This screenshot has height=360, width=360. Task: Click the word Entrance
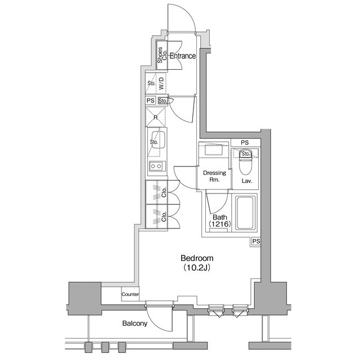pyautogui.click(x=182, y=56)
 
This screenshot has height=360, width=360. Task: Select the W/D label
pyautogui.click(x=161, y=84)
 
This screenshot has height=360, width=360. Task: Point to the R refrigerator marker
pyautogui.click(x=156, y=118)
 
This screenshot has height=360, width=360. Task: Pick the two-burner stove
pyautogui.click(x=155, y=166)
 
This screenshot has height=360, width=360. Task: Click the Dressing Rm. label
pyautogui.click(x=214, y=177)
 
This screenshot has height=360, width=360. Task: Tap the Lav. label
pyautogui.click(x=246, y=181)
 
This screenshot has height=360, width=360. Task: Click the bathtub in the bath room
pyautogui.click(x=245, y=213)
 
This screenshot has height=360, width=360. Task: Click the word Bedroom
pyautogui.click(x=197, y=258)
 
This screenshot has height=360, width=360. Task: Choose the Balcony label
pyautogui.click(x=134, y=323)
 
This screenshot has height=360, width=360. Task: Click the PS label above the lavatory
pyautogui.click(x=245, y=143)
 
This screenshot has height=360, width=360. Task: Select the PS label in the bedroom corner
pyautogui.click(x=256, y=241)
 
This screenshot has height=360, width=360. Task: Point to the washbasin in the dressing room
pyautogui.click(x=214, y=151)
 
